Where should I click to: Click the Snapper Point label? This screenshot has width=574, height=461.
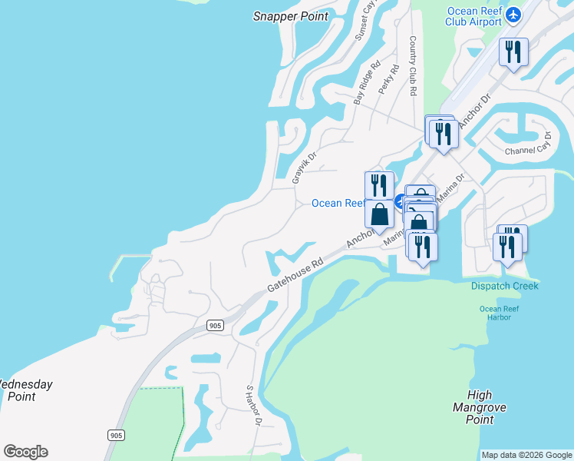[286, 15]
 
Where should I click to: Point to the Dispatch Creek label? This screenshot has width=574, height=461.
[504, 286]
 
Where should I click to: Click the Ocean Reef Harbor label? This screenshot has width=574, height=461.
[500, 313]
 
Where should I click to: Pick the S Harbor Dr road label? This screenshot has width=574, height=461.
[254, 405]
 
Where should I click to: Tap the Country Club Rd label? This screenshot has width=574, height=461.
[413, 65]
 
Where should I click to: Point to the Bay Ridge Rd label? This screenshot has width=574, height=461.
[368, 84]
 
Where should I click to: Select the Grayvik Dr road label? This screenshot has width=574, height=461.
[305, 167]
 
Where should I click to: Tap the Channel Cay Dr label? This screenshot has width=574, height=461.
[529, 144]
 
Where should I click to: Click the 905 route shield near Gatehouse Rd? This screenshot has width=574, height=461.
[216, 326]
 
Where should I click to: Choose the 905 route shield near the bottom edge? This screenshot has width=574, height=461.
[116, 435]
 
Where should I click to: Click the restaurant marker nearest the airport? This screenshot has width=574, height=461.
[513, 52]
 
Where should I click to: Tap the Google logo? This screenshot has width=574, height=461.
[25, 452]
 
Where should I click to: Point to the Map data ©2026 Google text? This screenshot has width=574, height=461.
[526, 455]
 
